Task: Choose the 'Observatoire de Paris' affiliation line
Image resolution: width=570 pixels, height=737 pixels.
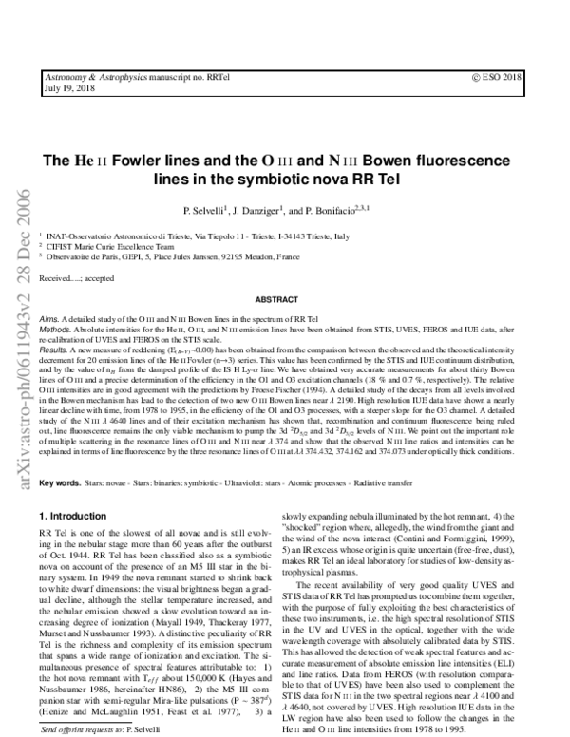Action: click(104, 255)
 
